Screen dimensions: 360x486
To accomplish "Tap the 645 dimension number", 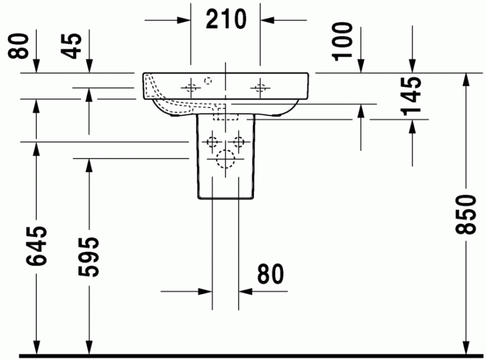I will click(x=36, y=247).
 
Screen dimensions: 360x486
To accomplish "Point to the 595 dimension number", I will click(x=89, y=256).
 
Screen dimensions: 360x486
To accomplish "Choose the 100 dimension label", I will click(x=343, y=40).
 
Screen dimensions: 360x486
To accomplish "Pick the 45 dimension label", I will click(x=73, y=45).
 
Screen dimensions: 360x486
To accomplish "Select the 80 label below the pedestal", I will click(x=270, y=274).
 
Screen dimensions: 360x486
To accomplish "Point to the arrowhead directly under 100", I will click(x=361, y=67).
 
